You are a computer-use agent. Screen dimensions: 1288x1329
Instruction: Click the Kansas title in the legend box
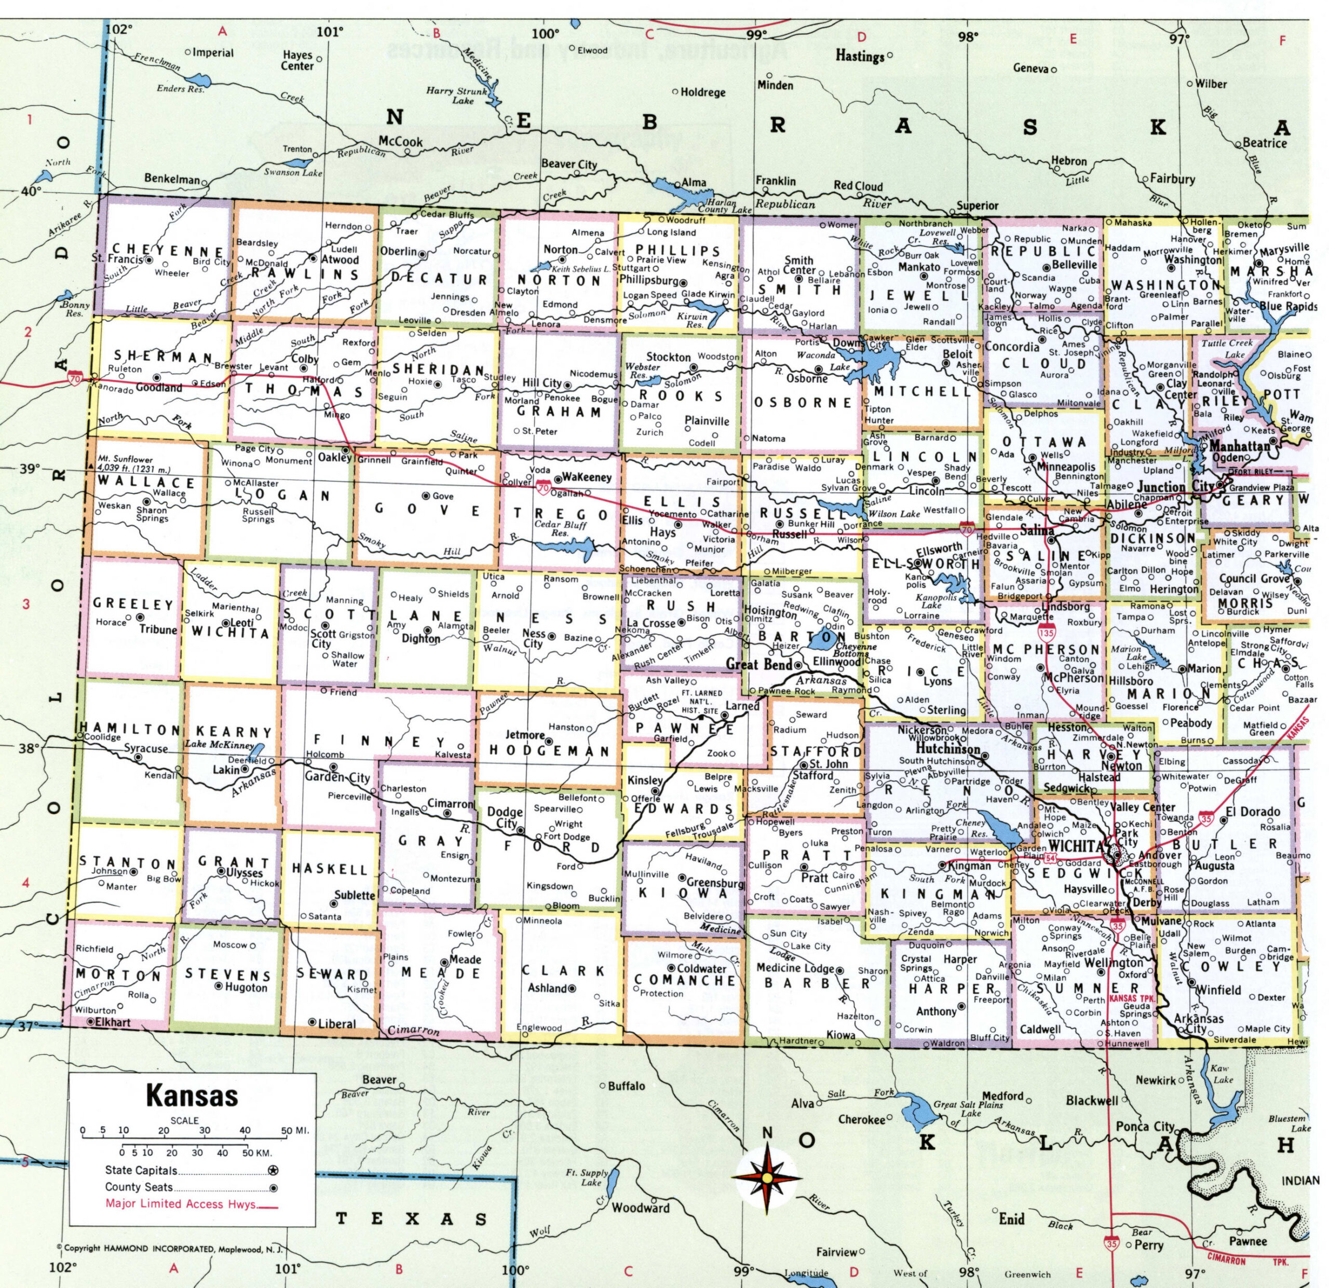tap(192, 1095)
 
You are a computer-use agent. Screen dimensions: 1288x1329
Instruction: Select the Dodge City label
tap(505, 817)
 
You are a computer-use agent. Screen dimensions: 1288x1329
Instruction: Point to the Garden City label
tap(337, 777)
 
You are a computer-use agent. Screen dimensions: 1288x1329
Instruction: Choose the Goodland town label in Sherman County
tap(159, 388)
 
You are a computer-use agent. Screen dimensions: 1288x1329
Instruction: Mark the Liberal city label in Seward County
tap(336, 1024)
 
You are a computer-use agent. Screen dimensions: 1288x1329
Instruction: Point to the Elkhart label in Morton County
tap(113, 1022)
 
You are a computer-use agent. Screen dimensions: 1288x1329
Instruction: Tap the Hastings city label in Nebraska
tap(860, 56)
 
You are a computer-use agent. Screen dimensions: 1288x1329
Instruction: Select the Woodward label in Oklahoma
tap(641, 1208)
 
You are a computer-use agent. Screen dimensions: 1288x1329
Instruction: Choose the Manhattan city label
tap(1240, 446)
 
